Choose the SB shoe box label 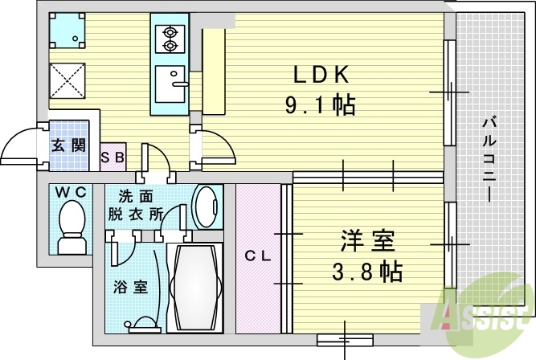[112, 158]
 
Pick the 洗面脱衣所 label [140, 205]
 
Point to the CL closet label [257, 256]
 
